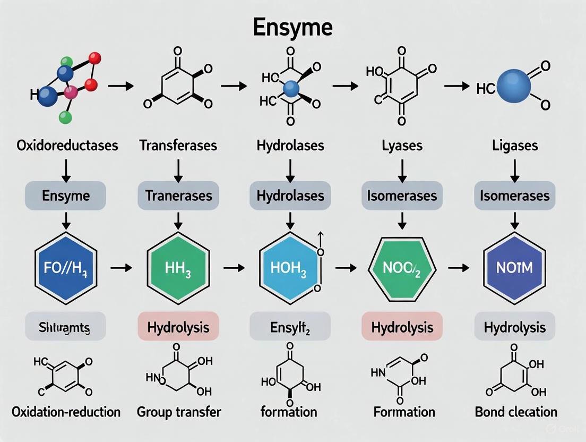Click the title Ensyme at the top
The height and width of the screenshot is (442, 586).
[292, 27]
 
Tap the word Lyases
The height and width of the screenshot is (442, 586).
[402, 145]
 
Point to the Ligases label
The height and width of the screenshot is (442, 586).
[514, 145]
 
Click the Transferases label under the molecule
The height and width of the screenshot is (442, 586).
[178, 145]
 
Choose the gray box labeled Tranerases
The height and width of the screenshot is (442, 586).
[178, 195]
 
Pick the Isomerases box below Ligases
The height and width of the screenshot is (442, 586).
[514, 195]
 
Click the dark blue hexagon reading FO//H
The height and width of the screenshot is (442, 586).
[66, 267]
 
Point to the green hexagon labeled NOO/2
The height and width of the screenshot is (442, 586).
[402, 267]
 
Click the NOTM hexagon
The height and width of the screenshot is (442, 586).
[514, 267]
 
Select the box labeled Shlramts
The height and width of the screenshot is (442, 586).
[66, 326]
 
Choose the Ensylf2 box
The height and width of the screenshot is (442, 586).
[290, 326]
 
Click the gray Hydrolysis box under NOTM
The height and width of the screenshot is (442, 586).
[514, 326]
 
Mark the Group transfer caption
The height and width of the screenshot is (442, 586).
[178, 412]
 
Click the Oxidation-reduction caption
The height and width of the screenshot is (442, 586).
[66, 412]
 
